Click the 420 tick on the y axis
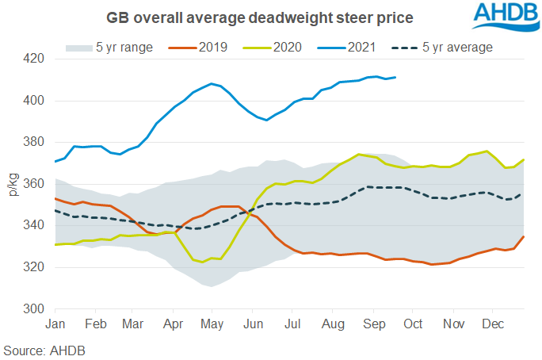point(36,59)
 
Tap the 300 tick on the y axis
point(36,309)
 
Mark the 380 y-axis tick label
point(36,143)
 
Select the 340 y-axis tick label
point(36,226)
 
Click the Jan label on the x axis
point(55,324)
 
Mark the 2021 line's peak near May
point(211,83)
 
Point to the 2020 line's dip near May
point(203,262)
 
